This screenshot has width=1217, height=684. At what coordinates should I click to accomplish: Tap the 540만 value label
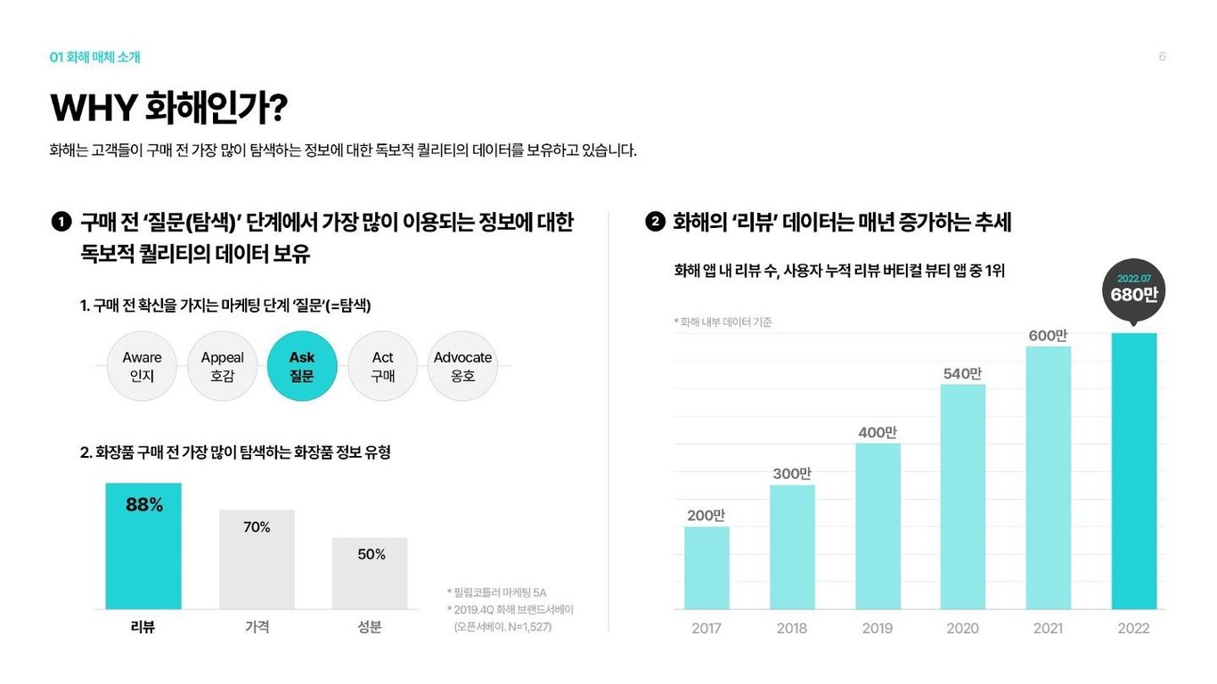[962, 373]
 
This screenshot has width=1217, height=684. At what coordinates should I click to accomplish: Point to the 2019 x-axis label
[877, 628]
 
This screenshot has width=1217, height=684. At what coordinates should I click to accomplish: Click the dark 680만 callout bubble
[1133, 288]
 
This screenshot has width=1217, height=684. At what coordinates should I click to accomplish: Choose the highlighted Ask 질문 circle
[302, 366]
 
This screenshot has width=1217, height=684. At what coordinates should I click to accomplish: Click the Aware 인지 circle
[142, 366]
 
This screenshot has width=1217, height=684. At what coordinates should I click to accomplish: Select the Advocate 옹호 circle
[462, 366]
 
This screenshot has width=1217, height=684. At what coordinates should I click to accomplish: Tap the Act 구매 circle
[382, 366]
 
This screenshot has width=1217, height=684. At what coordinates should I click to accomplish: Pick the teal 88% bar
[143, 545]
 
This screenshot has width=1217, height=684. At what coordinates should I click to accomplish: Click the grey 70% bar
[257, 559]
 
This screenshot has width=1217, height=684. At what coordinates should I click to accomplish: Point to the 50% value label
[372, 554]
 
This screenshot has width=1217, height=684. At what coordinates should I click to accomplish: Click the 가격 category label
[257, 627]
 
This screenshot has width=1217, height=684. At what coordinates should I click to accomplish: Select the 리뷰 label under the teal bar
[143, 627]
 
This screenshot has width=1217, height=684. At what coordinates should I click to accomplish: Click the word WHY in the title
[93, 109]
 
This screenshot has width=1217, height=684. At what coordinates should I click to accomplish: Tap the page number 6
[1162, 57]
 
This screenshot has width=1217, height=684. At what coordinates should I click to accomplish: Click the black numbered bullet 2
[655, 222]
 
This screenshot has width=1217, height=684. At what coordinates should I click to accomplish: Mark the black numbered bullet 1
[61, 222]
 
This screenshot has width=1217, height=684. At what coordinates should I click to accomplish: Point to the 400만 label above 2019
[877, 432]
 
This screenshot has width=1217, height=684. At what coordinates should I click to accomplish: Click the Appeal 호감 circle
[222, 366]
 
